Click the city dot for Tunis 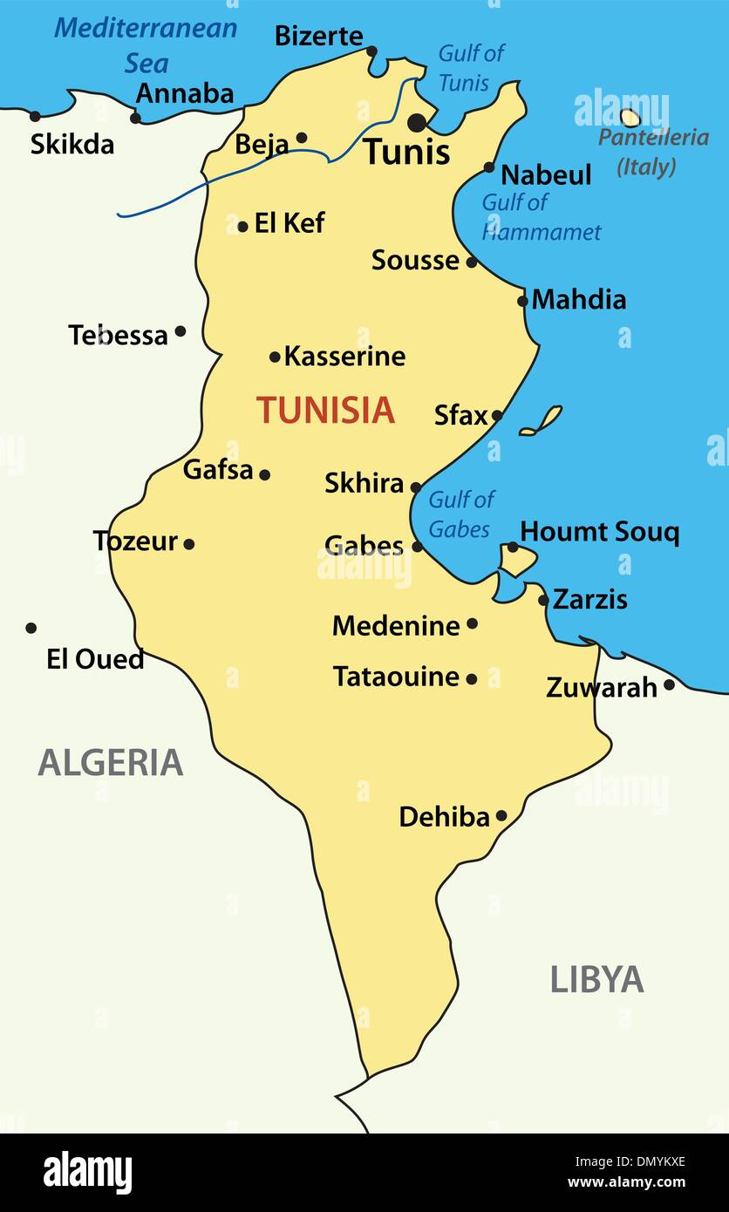tap(418, 122)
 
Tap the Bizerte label tap(318, 37)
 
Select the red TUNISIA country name tap(325, 410)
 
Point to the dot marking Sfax tap(497, 416)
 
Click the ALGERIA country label tap(111, 763)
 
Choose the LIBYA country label tap(596, 980)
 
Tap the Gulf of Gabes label tap(460, 514)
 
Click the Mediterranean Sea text tap(146, 44)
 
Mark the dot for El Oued tap(31, 628)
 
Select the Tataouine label tap(396, 677)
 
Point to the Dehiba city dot tap(501, 816)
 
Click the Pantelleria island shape tap(630, 117)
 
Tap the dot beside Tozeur tap(189, 544)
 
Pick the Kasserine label tap(344, 357)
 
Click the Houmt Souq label tap(599, 532)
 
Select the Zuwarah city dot tap(669, 685)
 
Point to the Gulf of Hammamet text tap(541, 217)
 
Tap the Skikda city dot tap(35, 116)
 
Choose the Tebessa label tap(118, 336)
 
